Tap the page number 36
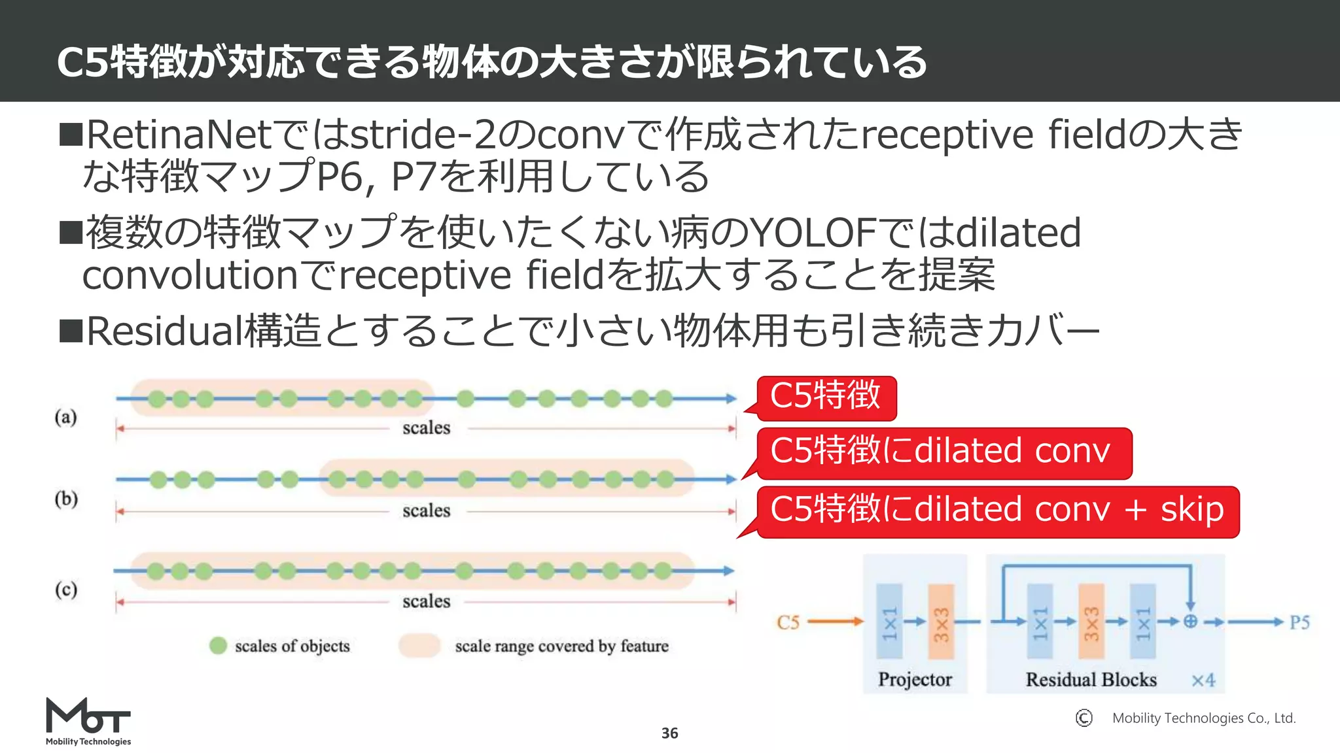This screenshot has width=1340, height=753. [x=669, y=733]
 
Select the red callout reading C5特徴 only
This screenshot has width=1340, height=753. [x=826, y=397]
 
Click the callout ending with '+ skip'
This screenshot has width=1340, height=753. [x=997, y=511]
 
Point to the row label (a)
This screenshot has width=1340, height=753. [x=65, y=417]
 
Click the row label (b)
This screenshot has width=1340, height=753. [x=66, y=499]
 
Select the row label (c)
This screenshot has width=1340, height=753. [x=66, y=590]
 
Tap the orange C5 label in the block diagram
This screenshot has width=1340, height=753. [x=788, y=622]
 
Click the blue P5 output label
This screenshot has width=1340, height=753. [x=1299, y=622]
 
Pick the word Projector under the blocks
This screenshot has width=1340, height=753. [x=914, y=680]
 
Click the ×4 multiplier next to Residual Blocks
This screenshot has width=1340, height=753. [x=1203, y=680]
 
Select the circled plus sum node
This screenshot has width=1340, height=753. [x=1190, y=622]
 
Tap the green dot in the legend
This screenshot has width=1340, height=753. [x=218, y=646]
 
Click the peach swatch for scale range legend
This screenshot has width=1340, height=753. [x=419, y=646]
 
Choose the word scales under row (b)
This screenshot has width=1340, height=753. [x=426, y=510]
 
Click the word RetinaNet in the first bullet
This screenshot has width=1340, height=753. [x=178, y=135]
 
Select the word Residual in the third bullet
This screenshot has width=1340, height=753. [x=164, y=331]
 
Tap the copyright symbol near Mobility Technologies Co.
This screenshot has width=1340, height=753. [x=1084, y=718]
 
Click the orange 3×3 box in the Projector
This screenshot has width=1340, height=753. [x=940, y=622]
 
